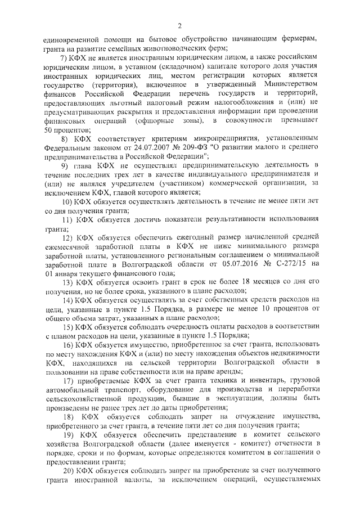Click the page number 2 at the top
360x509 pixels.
179,25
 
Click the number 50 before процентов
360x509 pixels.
48,130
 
